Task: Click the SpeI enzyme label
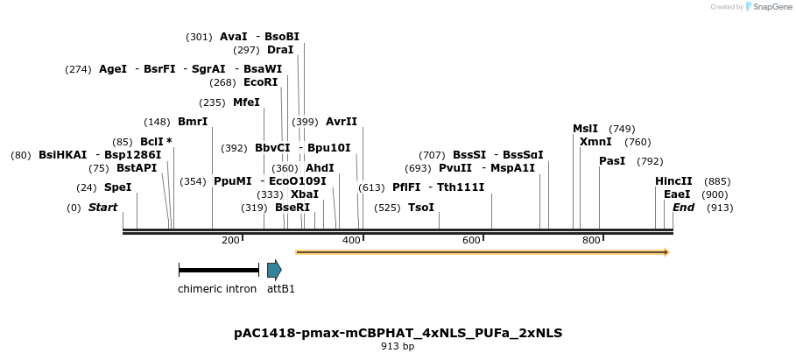coord(117,187)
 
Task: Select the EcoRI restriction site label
coord(260,82)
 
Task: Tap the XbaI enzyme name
coord(304,194)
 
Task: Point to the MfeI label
coord(246,102)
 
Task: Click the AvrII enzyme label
coord(341,122)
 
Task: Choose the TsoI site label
coord(421,208)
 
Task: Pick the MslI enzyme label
coord(585,129)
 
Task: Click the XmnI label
coord(595,142)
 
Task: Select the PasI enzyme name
coord(612,161)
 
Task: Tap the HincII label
coord(673,181)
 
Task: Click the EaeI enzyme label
coord(677,194)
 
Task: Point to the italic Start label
coord(102,208)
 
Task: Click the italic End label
coord(683,208)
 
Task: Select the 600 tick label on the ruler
coord(471,240)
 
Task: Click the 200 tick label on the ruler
coord(230,240)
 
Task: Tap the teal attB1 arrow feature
coord(274,270)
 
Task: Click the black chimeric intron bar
coord(218,270)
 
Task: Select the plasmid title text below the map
coord(398,333)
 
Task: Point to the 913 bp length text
coord(398,347)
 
